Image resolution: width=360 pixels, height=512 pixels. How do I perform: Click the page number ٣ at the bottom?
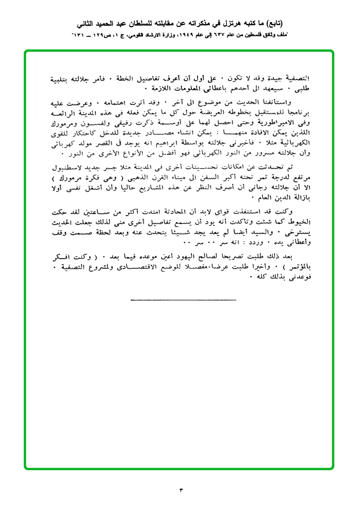[x=180, y=490]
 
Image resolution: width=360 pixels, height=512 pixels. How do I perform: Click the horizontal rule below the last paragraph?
[x=183, y=300]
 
